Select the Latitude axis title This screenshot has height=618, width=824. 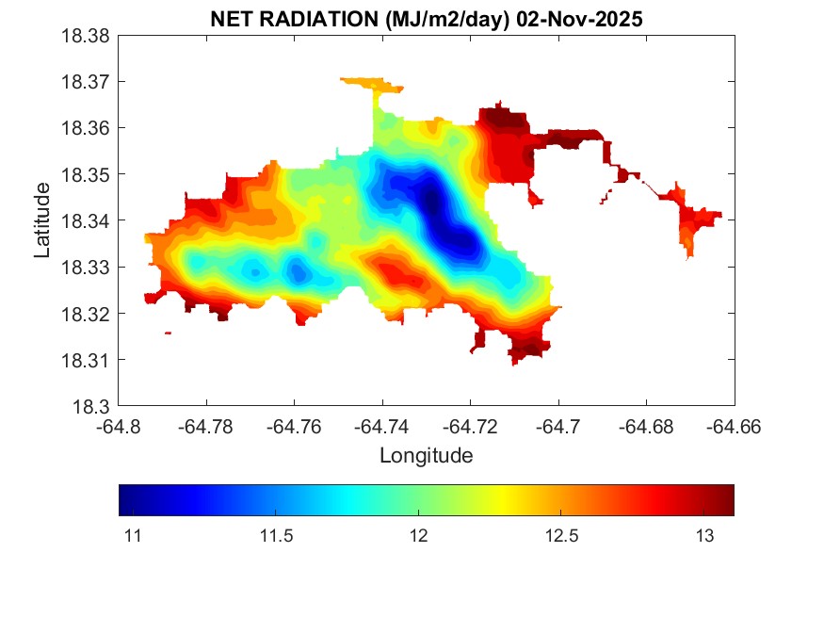click(42, 220)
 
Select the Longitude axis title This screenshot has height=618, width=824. click(426, 456)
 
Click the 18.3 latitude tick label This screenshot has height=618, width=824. click(94, 407)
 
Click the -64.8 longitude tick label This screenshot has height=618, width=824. click(119, 427)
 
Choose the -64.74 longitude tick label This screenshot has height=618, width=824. click(382, 427)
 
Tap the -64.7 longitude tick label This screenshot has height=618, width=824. click(558, 427)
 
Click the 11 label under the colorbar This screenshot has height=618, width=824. click(133, 536)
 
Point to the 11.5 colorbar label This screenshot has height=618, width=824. click(276, 536)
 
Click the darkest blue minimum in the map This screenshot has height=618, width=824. click(431, 201)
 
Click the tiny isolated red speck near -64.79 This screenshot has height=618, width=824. click(168, 333)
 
